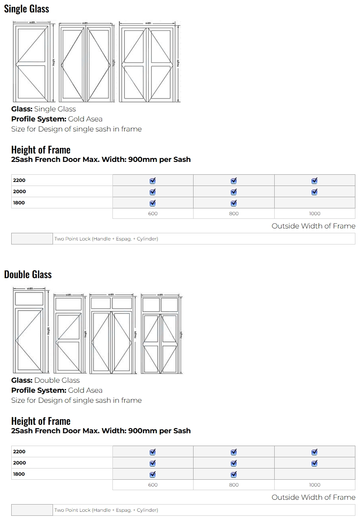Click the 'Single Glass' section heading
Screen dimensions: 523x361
[27, 9]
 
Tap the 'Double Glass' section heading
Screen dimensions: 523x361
[28, 275]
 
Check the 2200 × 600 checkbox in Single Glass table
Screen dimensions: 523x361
[153, 181]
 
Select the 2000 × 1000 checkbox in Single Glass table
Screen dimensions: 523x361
[314, 192]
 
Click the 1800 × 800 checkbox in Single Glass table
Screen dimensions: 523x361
[234, 203]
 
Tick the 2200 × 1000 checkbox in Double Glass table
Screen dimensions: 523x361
[314, 452]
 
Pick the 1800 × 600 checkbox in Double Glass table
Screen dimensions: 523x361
[153, 475]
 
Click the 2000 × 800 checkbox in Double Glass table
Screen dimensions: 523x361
[234, 463]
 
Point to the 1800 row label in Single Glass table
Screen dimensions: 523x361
[19, 203]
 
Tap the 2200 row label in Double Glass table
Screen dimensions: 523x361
[19, 452]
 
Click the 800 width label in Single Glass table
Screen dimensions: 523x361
[234, 214]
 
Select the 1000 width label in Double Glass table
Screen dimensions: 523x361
[314, 485]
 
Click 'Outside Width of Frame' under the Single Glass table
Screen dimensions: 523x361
[313, 226]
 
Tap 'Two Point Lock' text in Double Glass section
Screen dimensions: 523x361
[106, 510]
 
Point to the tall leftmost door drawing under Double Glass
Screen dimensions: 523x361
[29, 331]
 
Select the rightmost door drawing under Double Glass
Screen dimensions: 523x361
[161, 335]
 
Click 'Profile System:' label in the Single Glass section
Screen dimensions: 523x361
[39, 119]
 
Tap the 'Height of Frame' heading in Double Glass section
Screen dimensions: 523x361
[41, 421]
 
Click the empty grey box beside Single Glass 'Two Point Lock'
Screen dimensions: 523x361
[32, 239]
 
